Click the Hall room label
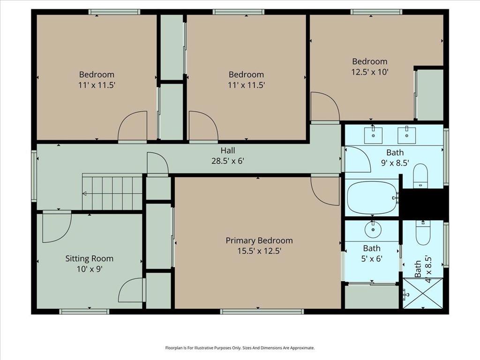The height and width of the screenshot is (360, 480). (x=228, y=150)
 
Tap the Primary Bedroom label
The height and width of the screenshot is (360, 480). (x=259, y=240)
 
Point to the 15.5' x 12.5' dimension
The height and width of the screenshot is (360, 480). (x=259, y=251)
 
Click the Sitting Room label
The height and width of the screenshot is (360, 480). (x=89, y=258)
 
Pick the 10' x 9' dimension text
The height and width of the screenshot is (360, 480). (x=89, y=269)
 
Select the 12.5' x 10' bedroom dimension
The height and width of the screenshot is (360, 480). (x=370, y=72)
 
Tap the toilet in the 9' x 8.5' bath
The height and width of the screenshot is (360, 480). (x=420, y=175)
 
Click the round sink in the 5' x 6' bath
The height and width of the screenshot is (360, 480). (x=373, y=229)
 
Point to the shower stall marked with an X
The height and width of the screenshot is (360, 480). (x=422, y=293)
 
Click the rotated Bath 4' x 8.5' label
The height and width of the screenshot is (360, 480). (x=422, y=268)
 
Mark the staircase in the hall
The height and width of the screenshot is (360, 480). (x=112, y=193)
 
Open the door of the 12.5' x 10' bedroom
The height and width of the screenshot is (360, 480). (x=325, y=107)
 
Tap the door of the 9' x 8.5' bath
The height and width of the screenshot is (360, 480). (x=358, y=159)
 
